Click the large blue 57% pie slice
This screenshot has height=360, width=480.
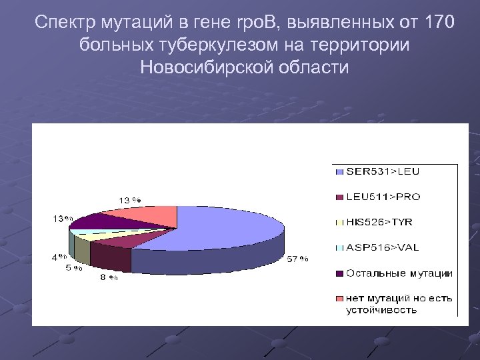coord(220,230)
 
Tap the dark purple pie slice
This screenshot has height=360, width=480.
coord(100,221)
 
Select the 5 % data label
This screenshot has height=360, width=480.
coord(73,268)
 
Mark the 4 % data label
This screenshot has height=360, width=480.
coord(59,256)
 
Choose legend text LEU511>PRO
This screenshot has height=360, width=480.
coord(383,197)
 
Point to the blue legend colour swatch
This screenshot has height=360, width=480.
coord(339,172)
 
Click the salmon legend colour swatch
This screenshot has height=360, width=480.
coord(339,298)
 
